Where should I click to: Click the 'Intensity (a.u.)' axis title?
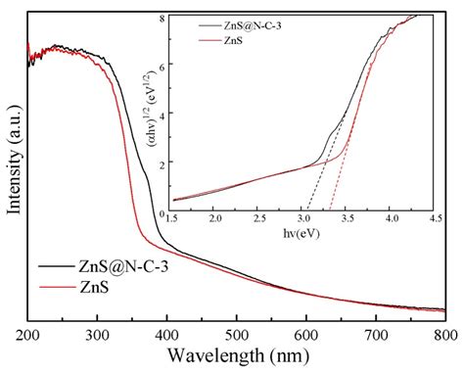14,167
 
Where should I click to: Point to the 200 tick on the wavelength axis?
28,334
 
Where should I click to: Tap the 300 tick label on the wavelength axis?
97,334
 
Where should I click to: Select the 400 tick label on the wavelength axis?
166,334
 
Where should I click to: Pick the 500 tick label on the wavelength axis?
236,334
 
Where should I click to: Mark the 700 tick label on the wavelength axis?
375,334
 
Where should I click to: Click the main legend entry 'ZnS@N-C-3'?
117,266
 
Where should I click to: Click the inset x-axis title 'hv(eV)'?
302,236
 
